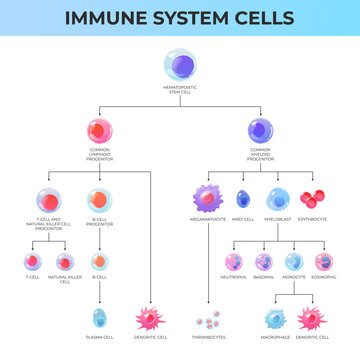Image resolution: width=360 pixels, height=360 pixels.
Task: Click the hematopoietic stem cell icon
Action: point(180,66)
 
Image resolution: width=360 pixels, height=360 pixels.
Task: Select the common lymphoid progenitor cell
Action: point(99,130)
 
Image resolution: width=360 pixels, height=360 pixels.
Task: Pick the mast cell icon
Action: point(243,198)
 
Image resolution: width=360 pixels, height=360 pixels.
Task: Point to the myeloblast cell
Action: point(278,198)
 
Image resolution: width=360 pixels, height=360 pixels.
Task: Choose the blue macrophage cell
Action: point(276,319)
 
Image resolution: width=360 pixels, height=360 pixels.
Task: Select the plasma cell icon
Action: point(99,319)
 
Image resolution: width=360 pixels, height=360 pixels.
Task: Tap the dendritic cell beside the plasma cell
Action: point(151,319)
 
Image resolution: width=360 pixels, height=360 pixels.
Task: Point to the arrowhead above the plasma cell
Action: point(99,301)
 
